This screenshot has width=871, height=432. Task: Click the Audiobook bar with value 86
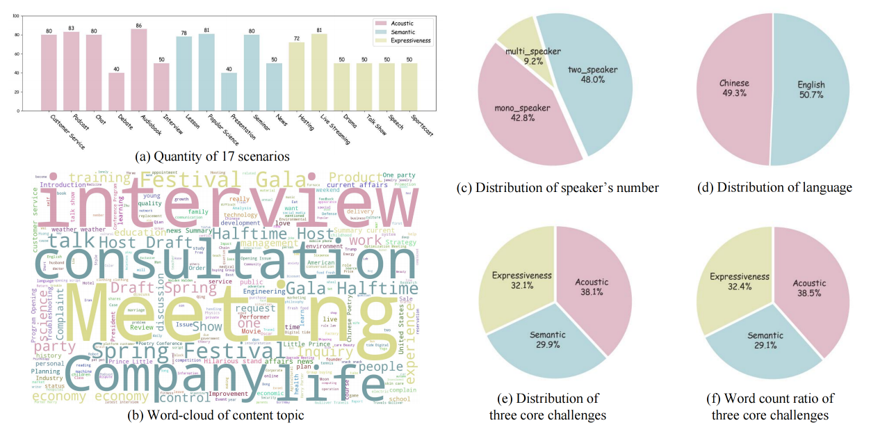point(139,70)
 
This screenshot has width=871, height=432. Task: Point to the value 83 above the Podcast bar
point(72,28)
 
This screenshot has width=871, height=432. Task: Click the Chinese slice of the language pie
point(733,90)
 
